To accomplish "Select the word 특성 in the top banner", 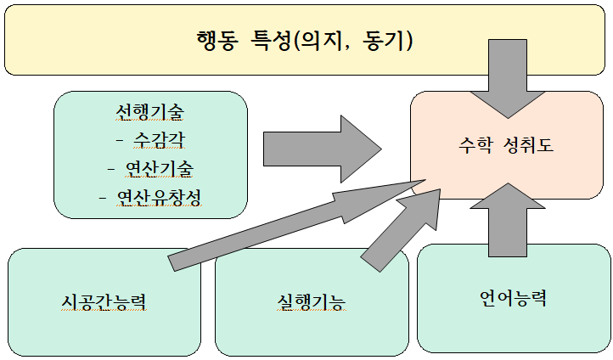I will tap(271, 40).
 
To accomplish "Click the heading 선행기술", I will tap(151, 112).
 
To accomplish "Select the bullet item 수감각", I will tap(159, 140).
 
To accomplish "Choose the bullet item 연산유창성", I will tap(159, 198).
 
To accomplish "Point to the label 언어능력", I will tap(512, 298).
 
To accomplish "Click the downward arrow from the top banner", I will tap(507, 81).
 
